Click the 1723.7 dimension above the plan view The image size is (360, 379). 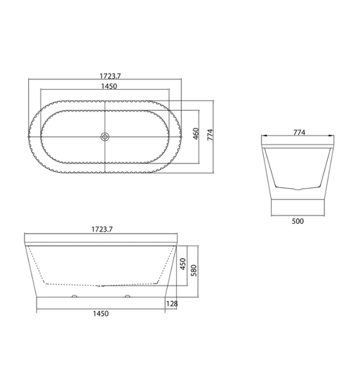click(x=110, y=76)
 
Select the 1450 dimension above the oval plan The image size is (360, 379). click(x=109, y=86)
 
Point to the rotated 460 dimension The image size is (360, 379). click(x=196, y=133)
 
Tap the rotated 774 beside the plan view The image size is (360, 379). click(x=211, y=135)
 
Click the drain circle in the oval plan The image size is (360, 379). click(x=105, y=137)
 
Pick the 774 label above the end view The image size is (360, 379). click(x=300, y=133)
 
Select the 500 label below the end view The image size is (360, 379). click(x=298, y=221)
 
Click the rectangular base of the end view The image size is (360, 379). click(x=298, y=207)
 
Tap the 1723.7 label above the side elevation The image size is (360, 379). click(x=102, y=229)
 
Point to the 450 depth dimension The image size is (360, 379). click(x=183, y=264)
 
